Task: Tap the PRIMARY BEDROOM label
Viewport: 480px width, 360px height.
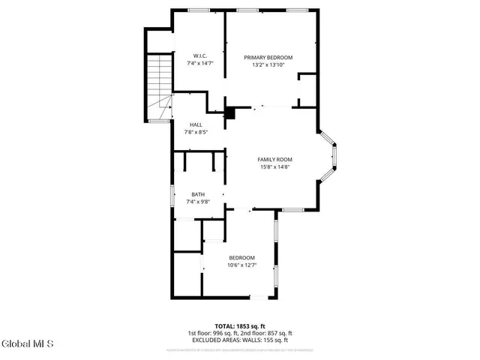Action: (x=268, y=58)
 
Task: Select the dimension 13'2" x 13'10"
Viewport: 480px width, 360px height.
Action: (x=268, y=65)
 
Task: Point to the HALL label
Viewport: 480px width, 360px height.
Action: (x=196, y=124)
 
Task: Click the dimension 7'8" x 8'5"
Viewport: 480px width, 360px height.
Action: (x=196, y=132)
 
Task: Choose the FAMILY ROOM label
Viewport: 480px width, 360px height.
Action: (x=274, y=160)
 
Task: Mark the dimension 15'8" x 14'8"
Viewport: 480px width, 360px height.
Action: (x=274, y=167)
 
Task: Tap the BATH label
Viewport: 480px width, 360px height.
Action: (x=197, y=195)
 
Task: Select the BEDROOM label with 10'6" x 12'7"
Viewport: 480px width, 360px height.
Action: (x=241, y=258)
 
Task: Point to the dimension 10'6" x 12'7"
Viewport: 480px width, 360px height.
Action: (x=241, y=265)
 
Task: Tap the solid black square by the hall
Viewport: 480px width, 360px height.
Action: (x=231, y=113)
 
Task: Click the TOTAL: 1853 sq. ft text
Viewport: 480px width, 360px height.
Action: (x=239, y=326)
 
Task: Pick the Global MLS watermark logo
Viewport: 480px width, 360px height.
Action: (x=28, y=345)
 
